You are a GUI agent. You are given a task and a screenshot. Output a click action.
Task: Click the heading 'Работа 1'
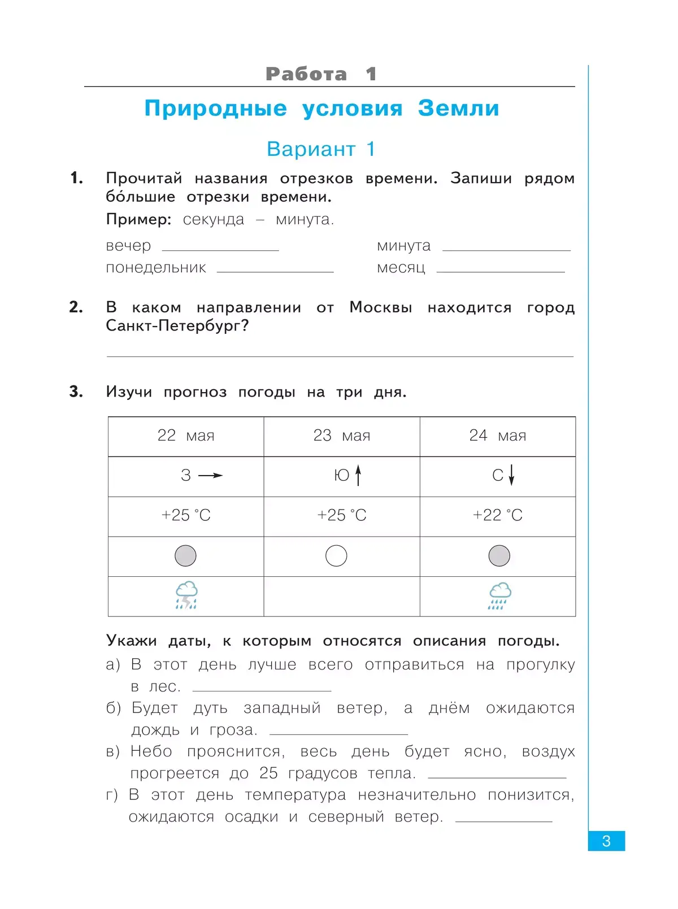(x=321, y=74)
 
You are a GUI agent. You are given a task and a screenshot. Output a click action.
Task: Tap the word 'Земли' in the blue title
(x=458, y=108)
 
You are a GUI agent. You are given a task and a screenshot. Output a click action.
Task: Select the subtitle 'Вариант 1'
(x=321, y=149)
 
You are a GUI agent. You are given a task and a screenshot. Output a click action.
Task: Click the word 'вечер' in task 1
(x=128, y=246)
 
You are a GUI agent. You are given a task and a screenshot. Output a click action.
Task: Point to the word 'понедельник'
(x=156, y=268)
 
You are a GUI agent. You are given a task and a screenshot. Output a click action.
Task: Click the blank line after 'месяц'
(x=501, y=271)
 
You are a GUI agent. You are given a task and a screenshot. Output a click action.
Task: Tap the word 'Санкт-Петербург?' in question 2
(x=177, y=326)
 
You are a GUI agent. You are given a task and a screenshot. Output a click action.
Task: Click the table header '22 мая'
(x=186, y=436)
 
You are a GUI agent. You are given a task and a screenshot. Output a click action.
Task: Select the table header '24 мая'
(x=497, y=436)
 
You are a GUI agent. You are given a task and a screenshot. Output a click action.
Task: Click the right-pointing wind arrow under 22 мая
(x=210, y=476)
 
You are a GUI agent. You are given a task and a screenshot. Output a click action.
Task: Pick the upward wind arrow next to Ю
(x=358, y=475)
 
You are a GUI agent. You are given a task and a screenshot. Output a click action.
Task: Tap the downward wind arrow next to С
(x=511, y=475)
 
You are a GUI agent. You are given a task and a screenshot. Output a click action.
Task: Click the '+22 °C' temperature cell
(x=497, y=515)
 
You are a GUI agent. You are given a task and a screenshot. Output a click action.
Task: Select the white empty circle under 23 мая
(x=336, y=556)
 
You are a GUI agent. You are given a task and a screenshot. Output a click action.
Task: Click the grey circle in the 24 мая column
(x=499, y=556)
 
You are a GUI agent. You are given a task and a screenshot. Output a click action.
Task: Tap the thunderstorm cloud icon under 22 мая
(x=186, y=595)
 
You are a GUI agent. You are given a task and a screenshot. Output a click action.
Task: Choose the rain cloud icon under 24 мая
(x=499, y=596)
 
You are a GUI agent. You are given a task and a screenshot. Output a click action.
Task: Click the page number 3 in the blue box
(x=606, y=841)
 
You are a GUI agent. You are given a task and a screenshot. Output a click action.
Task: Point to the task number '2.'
(x=76, y=307)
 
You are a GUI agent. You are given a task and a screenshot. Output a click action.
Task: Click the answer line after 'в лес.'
(x=262, y=689)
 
